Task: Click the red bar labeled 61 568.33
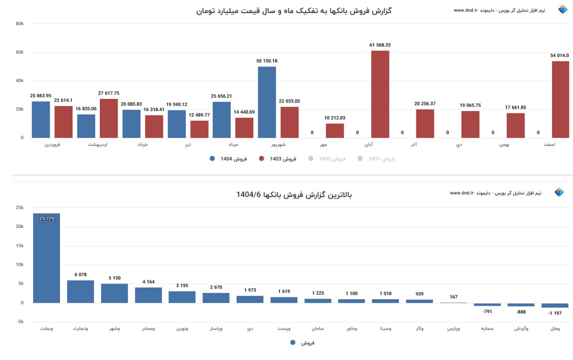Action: pyautogui.click(x=380, y=94)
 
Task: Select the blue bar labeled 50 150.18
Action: pyautogui.click(x=267, y=102)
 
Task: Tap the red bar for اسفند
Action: pyautogui.click(x=560, y=99)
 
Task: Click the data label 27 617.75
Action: pyautogui.click(x=109, y=93)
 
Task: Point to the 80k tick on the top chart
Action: pyautogui.click(x=19, y=24)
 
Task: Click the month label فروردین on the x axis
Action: pyautogui.click(x=53, y=145)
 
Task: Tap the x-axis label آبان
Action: pyautogui.click(x=369, y=145)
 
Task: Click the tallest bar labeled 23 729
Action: pyautogui.click(x=47, y=258)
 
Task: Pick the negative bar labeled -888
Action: pyautogui.click(x=521, y=305)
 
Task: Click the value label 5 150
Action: pyautogui.click(x=115, y=278)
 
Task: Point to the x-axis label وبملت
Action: pyautogui.click(x=47, y=329)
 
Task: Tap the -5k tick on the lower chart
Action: pyautogui.click(x=19, y=322)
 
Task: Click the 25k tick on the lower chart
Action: pyautogui.click(x=19, y=208)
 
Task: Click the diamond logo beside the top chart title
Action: pyautogui.click(x=563, y=10)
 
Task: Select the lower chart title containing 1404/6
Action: pyautogui.click(x=294, y=195)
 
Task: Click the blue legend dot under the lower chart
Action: pyautogui.click(x=293, y=343)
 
